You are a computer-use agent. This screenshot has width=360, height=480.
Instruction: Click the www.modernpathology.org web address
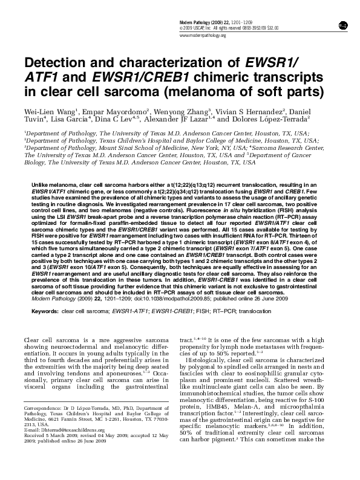pos(203,36)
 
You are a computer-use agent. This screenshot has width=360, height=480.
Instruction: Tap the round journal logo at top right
pos(342,25)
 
